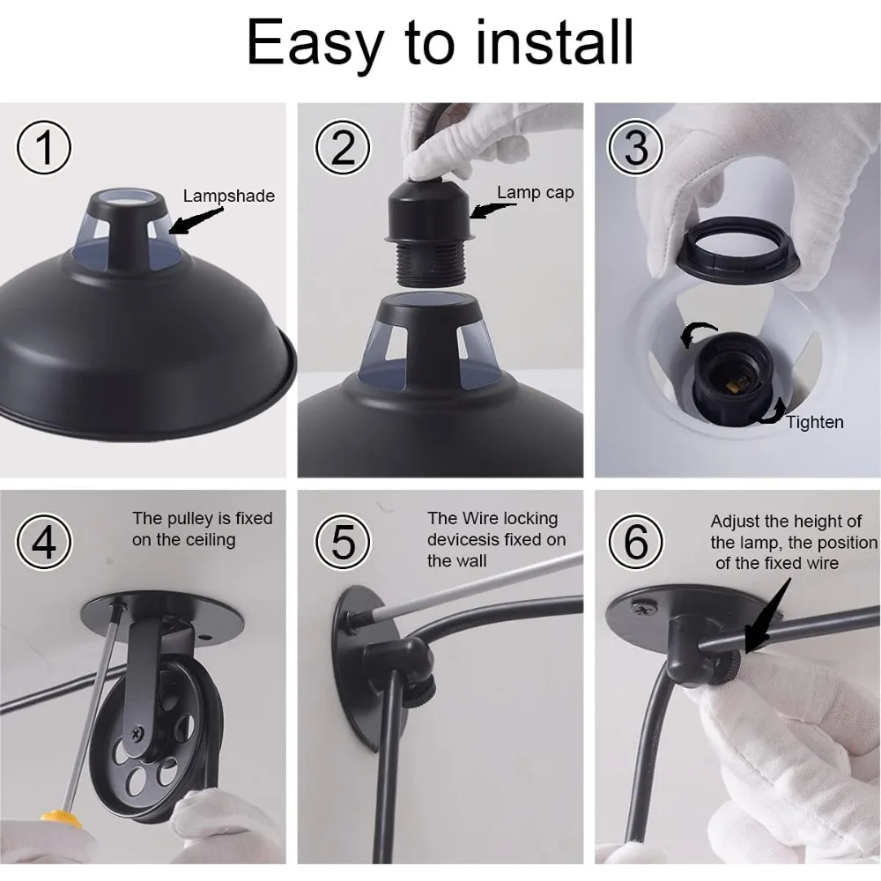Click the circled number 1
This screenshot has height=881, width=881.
[x=44, y=148]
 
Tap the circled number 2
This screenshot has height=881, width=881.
[x=343, y=148]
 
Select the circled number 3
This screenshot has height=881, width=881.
[x=635, y=148]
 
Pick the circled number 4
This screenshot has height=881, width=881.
[x=44, y=542]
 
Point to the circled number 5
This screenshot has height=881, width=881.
[x=343, y=542]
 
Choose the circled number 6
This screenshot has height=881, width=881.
[x=635, y=542]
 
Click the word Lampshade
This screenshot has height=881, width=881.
[x=229, y=196]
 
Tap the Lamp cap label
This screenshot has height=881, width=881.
[x=535, y=193]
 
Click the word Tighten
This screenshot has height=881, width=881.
[x=815, y=422]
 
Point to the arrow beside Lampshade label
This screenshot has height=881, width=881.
[x=195, y=221]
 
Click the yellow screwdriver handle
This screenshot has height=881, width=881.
[x=58, y=818]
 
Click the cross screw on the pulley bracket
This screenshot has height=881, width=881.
[x=137, y=733]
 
